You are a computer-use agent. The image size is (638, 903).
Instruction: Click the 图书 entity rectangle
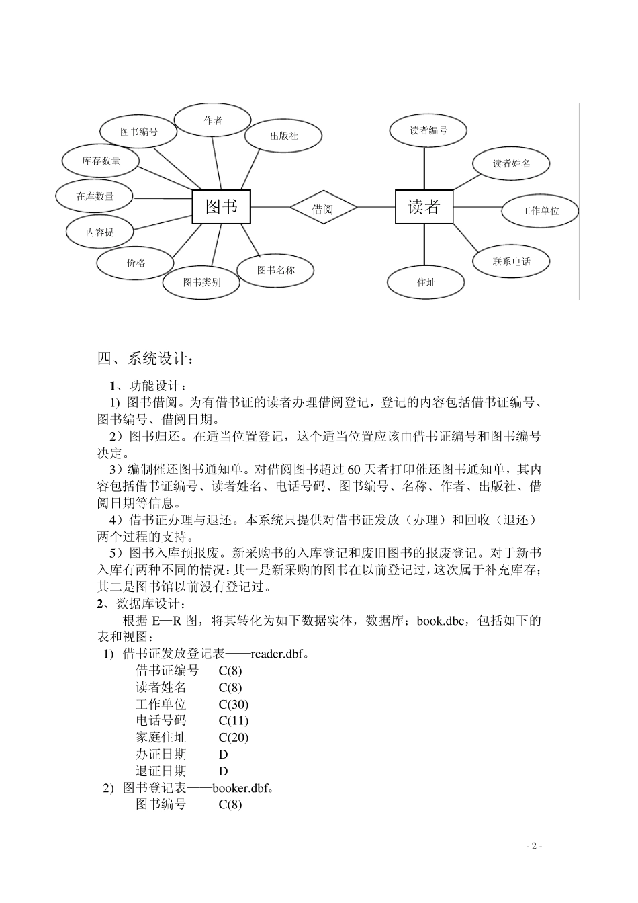(222, 206)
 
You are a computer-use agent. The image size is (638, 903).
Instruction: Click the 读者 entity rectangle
(424, 207)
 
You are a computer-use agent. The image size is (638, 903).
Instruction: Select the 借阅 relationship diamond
(322, 209)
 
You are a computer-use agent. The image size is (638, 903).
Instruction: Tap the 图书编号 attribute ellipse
(138, 132)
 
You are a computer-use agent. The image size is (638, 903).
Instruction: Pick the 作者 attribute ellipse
(213, 121)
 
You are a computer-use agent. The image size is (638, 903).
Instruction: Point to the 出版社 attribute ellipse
(283, 136)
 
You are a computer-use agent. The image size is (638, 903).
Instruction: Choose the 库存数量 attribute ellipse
(101, 161)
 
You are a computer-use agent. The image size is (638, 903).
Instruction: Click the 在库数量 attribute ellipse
(95, 196)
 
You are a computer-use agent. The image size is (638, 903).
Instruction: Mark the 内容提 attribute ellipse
(100, 232)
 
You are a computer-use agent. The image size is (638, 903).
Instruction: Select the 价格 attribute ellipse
(136, 263)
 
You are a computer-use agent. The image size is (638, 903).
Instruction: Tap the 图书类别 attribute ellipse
(201, 282)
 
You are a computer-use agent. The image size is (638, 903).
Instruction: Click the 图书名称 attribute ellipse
(275, 270)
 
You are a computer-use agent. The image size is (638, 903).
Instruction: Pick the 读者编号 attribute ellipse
(428, 130)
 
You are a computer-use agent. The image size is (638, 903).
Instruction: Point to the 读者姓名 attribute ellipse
(511, 163)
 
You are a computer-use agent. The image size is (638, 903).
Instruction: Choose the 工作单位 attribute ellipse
(540, 210)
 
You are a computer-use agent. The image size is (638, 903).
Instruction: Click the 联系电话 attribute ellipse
(511, 261)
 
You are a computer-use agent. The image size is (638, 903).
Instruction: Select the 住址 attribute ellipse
(426, 282)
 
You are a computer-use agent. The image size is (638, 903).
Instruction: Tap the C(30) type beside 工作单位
(234, 704)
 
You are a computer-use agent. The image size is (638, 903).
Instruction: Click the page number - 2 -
(534, 846)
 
